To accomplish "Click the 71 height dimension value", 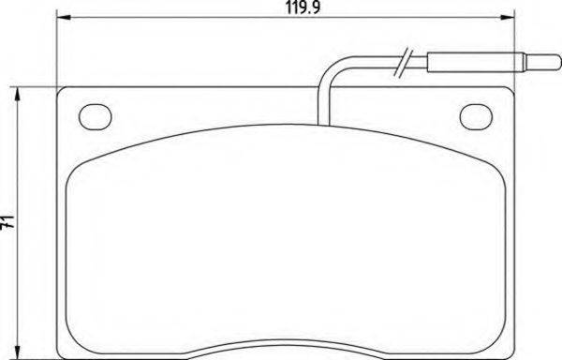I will click(x=8, y=222).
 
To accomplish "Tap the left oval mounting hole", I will click(x=94, y=116).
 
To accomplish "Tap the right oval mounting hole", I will click(x=478, y=116).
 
